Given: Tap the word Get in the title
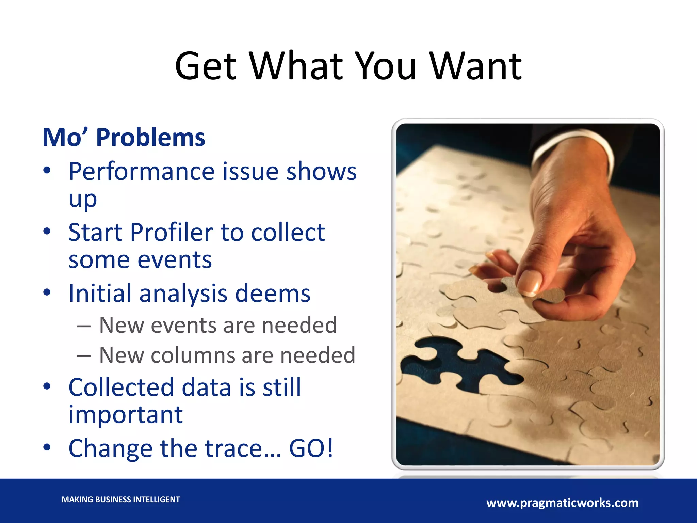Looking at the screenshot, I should [206, 66].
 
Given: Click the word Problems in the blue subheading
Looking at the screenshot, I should [151, 138].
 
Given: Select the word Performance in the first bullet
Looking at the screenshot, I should [141, 171].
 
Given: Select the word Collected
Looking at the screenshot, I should [121, 387].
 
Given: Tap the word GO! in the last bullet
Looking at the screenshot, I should [311, 448].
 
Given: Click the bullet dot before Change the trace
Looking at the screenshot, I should [47, 447].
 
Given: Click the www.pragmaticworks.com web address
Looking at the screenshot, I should [562, 503].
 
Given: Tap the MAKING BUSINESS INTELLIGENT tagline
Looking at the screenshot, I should [120, 500].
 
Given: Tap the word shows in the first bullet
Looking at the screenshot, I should [321, 171].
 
